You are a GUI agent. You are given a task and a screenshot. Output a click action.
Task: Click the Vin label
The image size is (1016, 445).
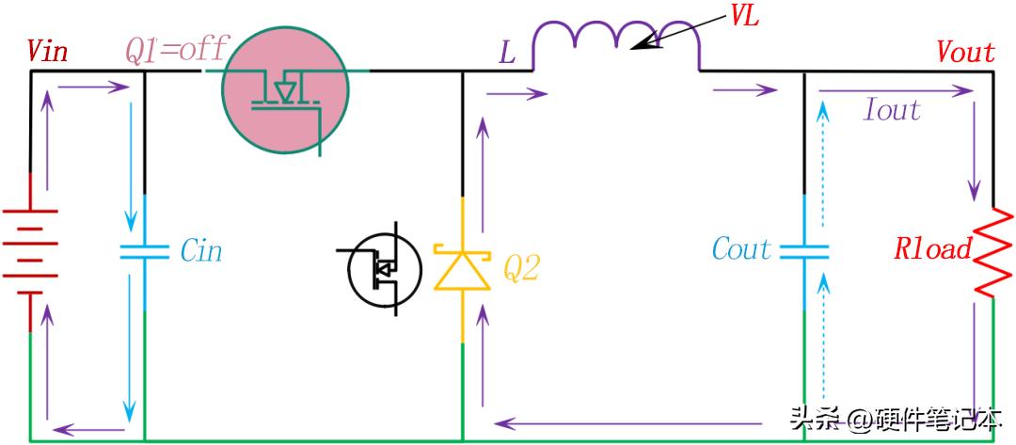[47, 51]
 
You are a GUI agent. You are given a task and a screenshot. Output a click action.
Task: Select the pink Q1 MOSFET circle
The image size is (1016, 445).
[285, 91]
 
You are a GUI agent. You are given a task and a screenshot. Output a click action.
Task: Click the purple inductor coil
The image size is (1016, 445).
[616, 45]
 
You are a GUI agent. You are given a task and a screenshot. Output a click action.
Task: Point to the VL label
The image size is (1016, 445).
[744, 17]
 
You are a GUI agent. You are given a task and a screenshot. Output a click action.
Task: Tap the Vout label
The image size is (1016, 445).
[965, 53]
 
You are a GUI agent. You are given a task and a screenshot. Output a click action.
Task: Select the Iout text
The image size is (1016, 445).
[892, 110]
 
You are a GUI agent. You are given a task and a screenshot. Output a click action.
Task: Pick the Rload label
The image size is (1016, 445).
[933, 249]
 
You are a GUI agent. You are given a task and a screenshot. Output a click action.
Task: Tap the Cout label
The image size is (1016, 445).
[742, 248]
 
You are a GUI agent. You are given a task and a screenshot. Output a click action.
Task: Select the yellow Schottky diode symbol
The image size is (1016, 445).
[462, 267]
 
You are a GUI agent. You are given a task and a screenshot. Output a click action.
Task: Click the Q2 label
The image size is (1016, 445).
[521, 268]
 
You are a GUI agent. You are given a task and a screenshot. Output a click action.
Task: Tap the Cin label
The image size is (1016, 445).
[201, 250]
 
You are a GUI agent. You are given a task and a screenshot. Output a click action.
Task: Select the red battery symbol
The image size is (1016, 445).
[30, 252]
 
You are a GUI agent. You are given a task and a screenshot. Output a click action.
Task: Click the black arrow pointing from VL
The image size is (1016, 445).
[680, 30]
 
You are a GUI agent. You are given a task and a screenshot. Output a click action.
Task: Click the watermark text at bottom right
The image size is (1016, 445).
[897, 421]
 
